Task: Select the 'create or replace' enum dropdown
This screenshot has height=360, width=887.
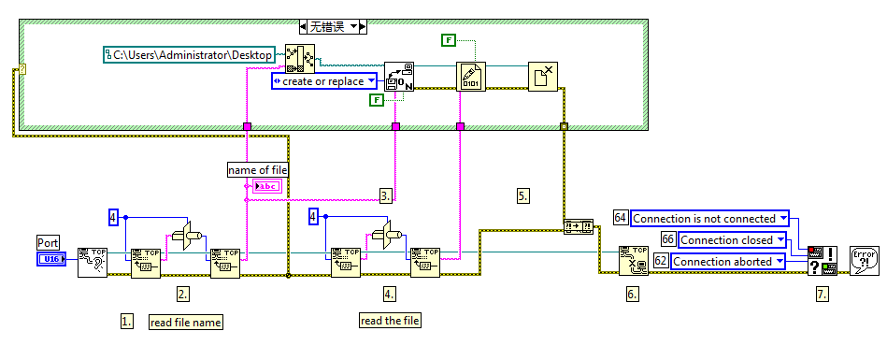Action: (x=323, y=81)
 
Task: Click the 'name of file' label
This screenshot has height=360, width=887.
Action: (x=258, y=169)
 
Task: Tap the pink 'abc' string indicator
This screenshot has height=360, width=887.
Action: (x=265, y=186)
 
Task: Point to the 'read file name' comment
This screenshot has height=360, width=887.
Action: (x=186, y=322)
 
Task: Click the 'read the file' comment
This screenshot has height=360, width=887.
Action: (x=391, y=321)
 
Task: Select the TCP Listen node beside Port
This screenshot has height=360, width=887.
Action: (x=93, y=263)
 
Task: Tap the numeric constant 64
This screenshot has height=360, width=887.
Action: (x=620, y=218)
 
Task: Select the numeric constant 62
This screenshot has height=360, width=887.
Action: (x=660, y=261)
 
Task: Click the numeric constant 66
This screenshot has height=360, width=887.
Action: (x=667, y=239)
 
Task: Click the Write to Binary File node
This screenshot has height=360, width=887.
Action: (x=470, y=76)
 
